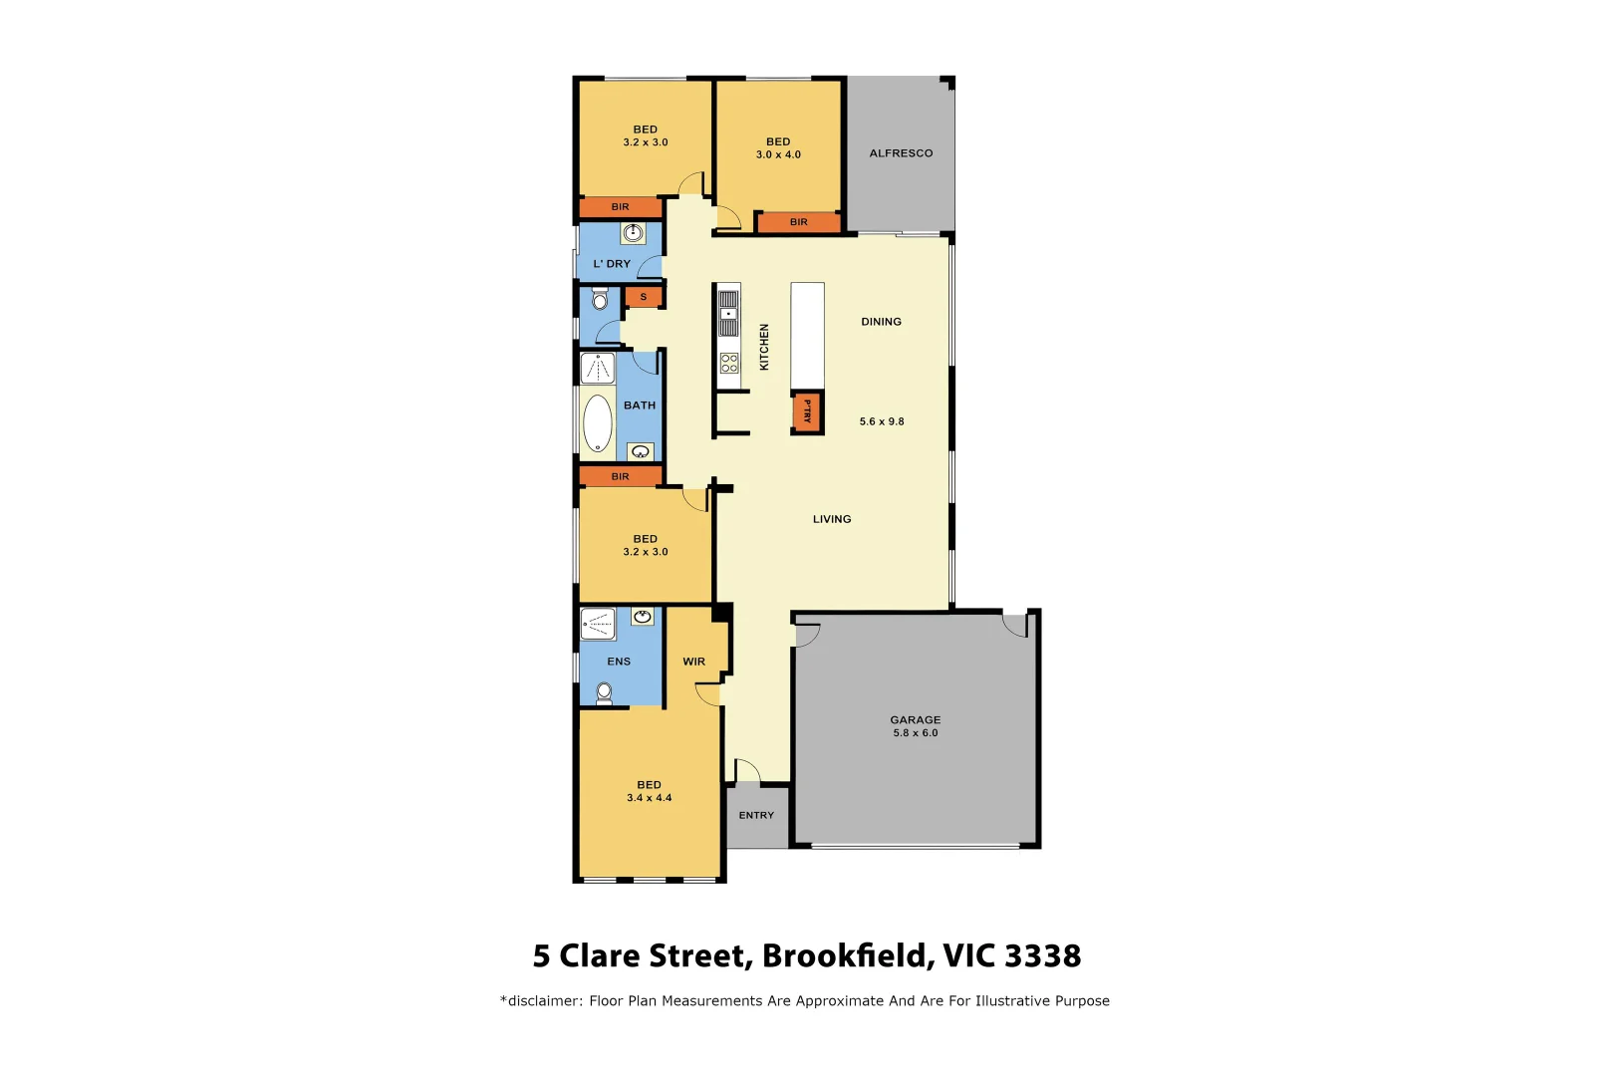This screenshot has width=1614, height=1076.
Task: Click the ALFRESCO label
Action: point(901,153)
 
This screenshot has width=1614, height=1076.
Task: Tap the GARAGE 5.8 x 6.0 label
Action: point(915,726)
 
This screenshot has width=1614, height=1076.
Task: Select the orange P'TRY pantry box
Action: point(807,411)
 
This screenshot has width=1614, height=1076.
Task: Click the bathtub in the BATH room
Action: point(598,423)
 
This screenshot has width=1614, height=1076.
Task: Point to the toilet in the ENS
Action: point(604,692)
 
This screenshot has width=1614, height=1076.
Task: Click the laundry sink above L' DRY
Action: point(634,233)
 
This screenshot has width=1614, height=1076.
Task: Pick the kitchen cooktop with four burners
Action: point(729,364)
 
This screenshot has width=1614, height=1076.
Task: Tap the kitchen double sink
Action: point(729,313)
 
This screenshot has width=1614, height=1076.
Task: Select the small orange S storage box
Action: point(644,297)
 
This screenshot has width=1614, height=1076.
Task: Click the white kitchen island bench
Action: point(807,336)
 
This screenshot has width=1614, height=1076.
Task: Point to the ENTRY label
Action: point(756,815)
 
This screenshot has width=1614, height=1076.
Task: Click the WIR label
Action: point(693,662)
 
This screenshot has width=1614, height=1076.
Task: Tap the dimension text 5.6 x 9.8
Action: point(882,421)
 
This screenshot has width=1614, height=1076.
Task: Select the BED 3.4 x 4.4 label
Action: point(649,791)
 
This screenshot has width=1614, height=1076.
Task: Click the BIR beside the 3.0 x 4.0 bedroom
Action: point(798,222)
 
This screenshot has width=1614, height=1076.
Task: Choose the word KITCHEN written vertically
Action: point(764,347)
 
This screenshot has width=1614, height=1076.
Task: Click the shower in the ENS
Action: point(598,624)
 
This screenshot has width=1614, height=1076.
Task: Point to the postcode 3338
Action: point(1042,955)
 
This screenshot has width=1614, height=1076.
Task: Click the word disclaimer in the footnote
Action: point(544,1001)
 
